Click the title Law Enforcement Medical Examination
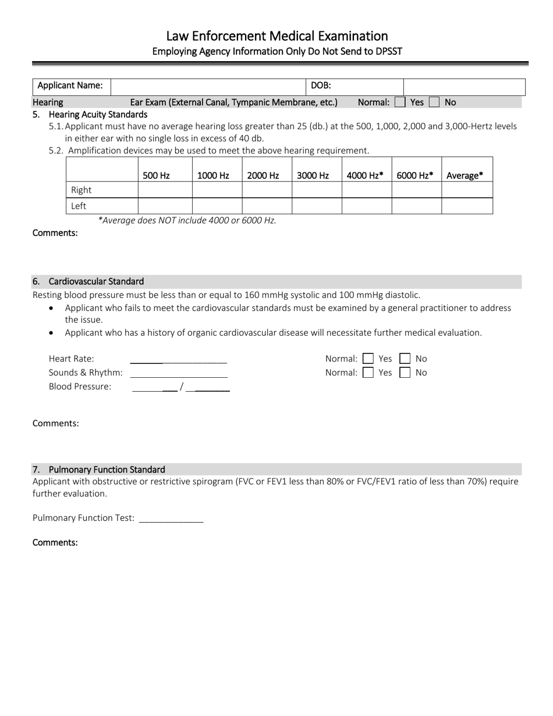point(276,36)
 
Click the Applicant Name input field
point(208,86)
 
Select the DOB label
point(321,86)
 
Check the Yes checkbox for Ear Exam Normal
point(400,102)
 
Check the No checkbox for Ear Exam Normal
point(434,102)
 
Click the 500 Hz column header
point(156,175)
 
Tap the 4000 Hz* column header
point(365,175)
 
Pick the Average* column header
point(465,175)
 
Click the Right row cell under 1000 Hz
point(217,190)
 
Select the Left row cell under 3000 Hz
point(316,206)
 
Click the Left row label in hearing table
point(79,206)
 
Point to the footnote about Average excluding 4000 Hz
point(187,220)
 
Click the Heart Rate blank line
point(178,359)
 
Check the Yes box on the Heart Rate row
point(368,359)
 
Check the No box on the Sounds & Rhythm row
point(405,373)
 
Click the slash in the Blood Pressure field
point(182,387)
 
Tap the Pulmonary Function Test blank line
point(171,518)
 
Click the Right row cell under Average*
point(467,190)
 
